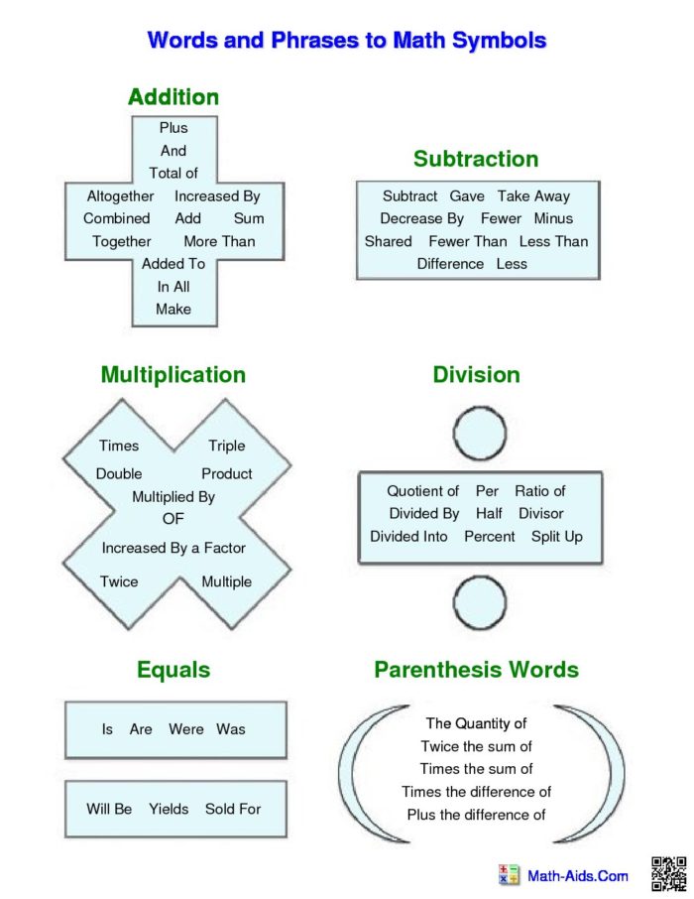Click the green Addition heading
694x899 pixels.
tap(173, 97)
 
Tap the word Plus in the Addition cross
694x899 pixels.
tap(173, 127)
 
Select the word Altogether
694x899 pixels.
tap(120, 196)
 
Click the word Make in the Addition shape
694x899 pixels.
tap(173, 309)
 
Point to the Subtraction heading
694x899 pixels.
tap(476, 159)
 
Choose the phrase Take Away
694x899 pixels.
tap(533, 196)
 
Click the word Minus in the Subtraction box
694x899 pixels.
tap(553, 218)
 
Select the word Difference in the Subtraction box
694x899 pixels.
tap(450, 264)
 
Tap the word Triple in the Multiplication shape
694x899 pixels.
tap(226, 447)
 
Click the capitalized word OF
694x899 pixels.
tap(173, 519)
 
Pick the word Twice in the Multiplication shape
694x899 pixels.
tap(119, 581)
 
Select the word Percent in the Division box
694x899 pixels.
tap(490, 537)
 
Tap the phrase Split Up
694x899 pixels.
tap(557, 537)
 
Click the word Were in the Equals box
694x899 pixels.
tap(186, 729)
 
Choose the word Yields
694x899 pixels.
tap(169, 809)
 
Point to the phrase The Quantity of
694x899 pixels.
tap(476, 723)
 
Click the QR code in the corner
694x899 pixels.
tap(669, 874)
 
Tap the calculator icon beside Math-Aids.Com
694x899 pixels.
tap(509, 875)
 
